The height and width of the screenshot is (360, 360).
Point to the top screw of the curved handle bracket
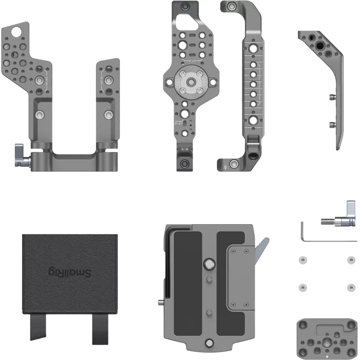pos(232,7)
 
